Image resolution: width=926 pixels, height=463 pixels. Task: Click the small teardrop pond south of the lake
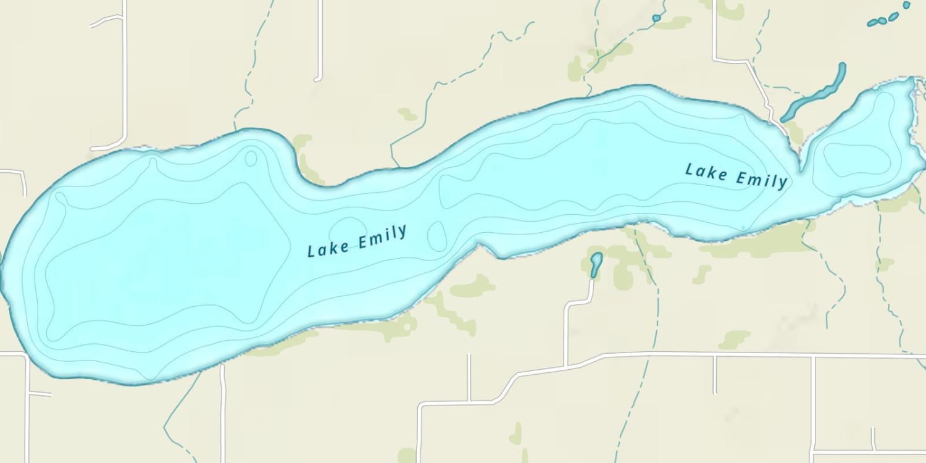(596, 264)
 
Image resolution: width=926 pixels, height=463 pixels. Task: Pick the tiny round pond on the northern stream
(656, 19)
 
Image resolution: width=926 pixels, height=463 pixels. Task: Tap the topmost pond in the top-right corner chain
(907, 5)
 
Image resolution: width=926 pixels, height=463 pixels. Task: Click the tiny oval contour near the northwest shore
(251, 158)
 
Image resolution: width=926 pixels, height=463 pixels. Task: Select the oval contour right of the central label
(437, 236)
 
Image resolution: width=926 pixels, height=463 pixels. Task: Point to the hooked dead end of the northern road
(317, 78)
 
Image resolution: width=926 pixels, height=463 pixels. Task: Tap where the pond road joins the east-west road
(566, 364)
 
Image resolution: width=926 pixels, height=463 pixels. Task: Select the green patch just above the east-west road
(735, 339)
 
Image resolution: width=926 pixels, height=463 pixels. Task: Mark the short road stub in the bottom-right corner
(874, 440)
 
